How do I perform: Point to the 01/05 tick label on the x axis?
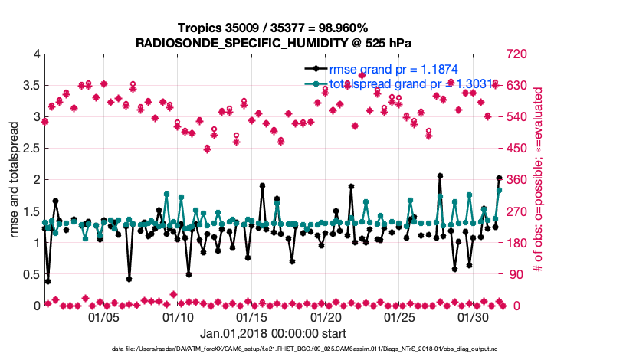tap(104, 316)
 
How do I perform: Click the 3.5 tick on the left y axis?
tap(30, 86)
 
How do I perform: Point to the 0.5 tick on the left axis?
tap(30, 274)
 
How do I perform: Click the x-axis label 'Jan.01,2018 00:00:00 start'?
tap(273, 333)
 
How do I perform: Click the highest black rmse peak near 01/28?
tap(440, 176)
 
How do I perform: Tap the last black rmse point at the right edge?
tap(499, 178)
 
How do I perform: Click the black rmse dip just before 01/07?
tap(129, 279)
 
